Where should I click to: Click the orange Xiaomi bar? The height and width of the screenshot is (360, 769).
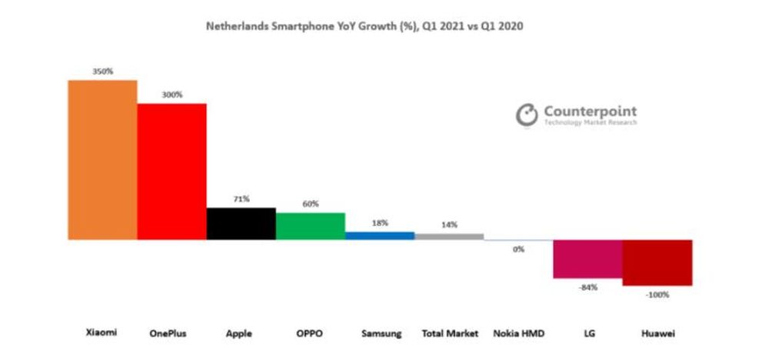102,160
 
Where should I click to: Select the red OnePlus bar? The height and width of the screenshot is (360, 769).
171,172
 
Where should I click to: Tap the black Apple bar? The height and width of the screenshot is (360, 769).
241,224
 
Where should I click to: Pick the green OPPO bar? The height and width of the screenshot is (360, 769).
310,226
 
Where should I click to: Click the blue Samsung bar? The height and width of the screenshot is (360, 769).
379,235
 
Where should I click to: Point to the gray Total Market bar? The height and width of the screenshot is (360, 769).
449,236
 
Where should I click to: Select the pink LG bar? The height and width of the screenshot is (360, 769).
588,259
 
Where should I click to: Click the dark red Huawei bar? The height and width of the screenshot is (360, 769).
657,263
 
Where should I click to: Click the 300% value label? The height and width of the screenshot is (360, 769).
172,95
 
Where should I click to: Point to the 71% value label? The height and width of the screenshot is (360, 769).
241,198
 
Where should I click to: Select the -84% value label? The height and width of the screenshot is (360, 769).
588,287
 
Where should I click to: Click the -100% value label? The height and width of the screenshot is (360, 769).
657,294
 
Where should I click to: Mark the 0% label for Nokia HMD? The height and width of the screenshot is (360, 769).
518,248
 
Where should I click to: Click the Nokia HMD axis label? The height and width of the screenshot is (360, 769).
518,334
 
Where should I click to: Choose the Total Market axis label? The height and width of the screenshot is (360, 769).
450,334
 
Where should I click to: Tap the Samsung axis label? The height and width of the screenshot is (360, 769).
380,334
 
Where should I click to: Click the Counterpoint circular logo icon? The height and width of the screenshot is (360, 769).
527,115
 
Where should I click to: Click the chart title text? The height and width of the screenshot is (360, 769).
365,26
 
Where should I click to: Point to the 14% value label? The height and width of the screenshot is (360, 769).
449,225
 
